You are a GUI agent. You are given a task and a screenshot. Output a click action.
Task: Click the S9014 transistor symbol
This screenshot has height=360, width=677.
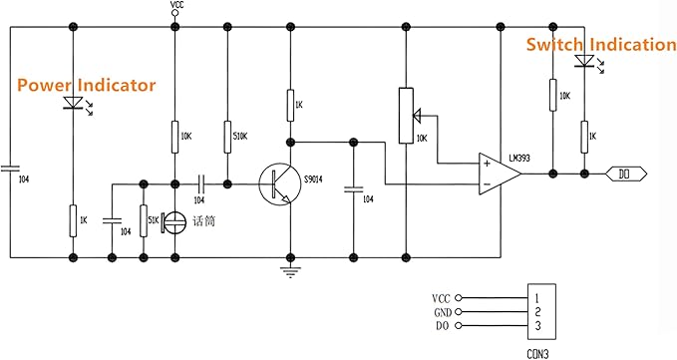tap(280, 184)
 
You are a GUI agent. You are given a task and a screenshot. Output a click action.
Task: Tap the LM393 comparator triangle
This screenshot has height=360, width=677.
tap(500, 174)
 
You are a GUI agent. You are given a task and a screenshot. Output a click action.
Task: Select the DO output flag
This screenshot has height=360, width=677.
tap(626, 175)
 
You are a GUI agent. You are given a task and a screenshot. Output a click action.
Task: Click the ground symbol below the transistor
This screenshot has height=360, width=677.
tap(290, 272)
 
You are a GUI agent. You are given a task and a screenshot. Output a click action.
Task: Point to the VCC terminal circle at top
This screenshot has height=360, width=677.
tap(174, 13)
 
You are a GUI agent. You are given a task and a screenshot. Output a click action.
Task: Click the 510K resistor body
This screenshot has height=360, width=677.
tap(227, 137)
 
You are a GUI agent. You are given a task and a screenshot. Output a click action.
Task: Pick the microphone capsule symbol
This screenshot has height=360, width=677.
tap(174, 222)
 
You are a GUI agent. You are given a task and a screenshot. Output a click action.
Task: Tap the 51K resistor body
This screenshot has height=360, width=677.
tap(144, 221)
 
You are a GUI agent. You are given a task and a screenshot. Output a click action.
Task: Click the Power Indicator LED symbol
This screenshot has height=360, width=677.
tap(73, 103)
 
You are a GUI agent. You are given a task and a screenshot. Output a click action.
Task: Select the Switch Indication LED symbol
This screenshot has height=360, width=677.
tap(584, 61)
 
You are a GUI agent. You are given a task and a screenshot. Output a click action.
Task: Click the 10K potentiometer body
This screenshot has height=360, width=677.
tap(406, 116)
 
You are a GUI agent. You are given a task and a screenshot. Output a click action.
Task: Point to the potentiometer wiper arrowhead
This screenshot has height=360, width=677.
tap(417, 116)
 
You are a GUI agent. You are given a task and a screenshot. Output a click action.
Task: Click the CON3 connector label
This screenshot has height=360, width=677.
tap(538, 354)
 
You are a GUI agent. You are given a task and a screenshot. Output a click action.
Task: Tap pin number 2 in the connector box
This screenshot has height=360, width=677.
tap(537, 312)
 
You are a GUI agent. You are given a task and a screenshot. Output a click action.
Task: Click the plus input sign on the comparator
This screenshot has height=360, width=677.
tap(487, 164)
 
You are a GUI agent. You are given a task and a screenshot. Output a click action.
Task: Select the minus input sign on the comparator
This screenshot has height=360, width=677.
tap(487, 184)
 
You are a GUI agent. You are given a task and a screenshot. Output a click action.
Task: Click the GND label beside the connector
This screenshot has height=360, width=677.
tap(443, 312)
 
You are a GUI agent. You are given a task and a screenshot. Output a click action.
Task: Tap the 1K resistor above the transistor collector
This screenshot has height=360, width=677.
tap(291, 106)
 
